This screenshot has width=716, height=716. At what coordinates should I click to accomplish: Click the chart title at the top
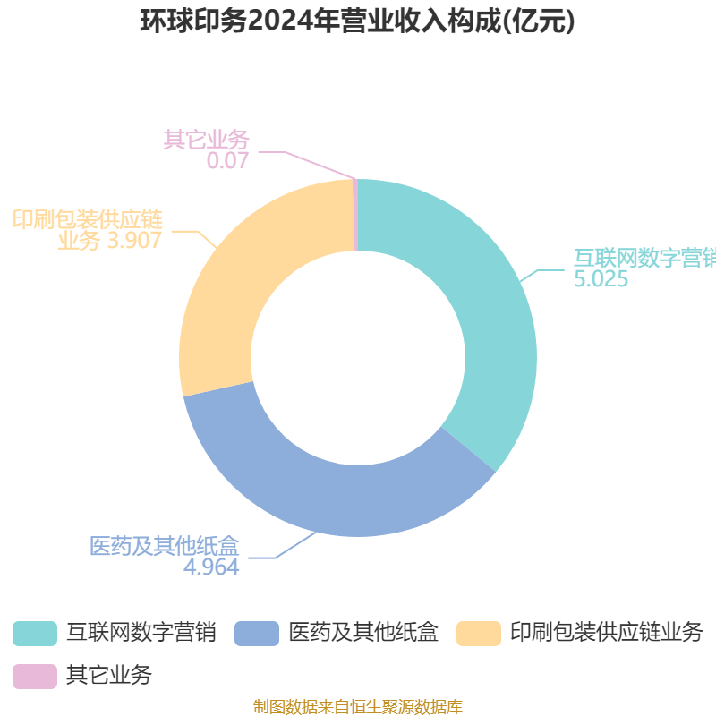pos(357,21)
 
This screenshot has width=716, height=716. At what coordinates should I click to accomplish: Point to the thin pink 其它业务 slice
pos(355,215)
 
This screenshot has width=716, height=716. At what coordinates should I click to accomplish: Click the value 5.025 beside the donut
pos(601,279)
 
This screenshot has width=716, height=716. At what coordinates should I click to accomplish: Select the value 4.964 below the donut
pos(211,567)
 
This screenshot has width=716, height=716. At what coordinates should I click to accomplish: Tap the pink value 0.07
pos(227,160)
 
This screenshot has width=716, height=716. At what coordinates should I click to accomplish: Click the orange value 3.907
pos(135,240)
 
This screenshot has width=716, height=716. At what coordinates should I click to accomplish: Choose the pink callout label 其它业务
pos(206,140)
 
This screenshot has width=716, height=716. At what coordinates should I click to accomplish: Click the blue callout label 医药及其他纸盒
pos(165,546)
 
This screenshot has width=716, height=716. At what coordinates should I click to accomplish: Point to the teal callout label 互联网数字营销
pos(644,258)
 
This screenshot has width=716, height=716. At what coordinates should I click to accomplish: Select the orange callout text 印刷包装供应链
pos(87,219)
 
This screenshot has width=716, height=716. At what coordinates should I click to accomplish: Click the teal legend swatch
pos(35,634)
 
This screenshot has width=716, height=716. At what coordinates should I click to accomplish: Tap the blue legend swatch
pos(257,634)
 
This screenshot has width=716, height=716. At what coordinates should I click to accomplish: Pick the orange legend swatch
pos(479,634)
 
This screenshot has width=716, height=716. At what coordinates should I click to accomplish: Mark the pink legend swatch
pos(35,677)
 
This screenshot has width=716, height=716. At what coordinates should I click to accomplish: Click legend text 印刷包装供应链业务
pos(607,633)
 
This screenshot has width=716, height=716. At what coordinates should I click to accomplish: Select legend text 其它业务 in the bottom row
pos(109,675)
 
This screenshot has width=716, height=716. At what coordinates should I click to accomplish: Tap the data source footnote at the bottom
pos(358,706)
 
